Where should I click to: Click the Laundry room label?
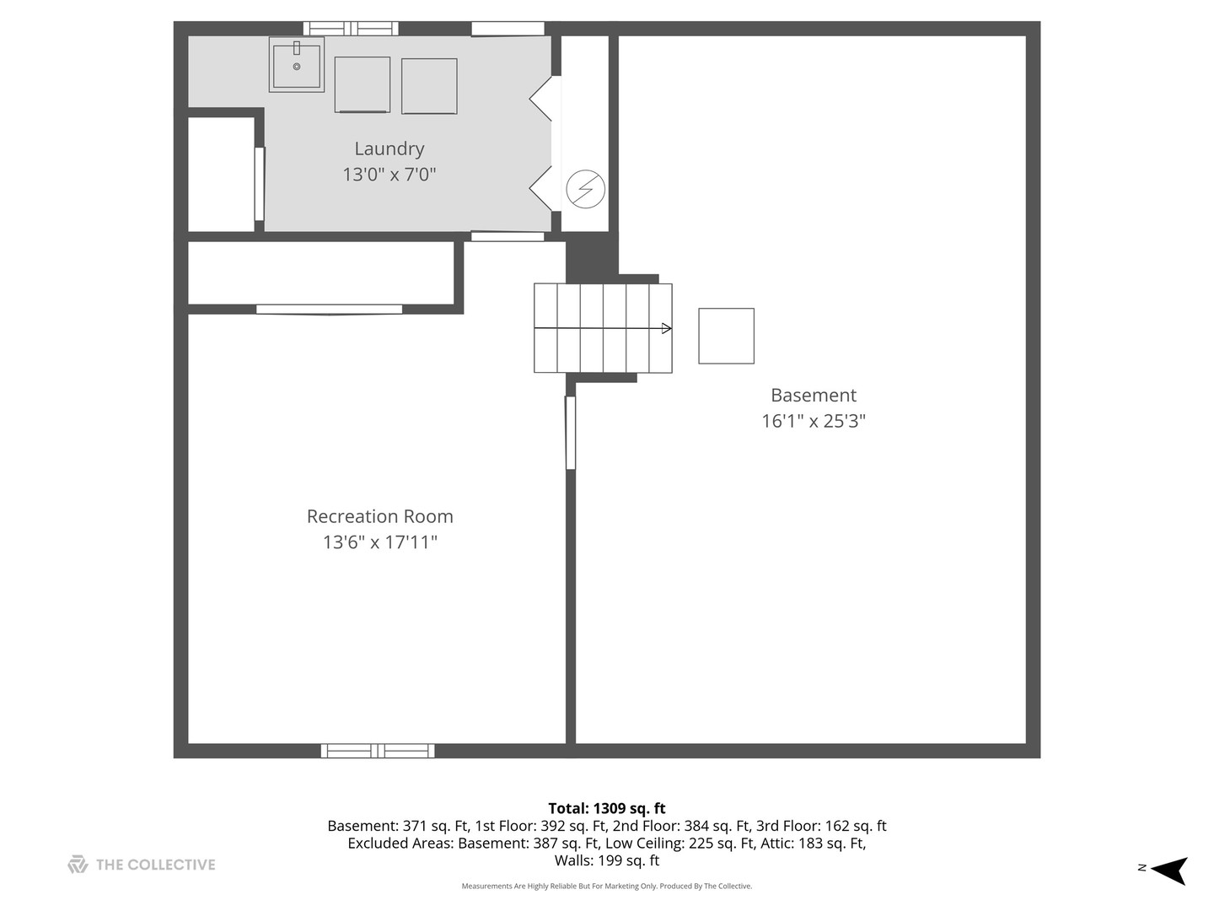point(389,148)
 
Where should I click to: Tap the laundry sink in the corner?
point(297,64)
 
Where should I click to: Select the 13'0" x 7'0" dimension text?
point(389,175)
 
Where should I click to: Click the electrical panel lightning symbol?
point(585,189)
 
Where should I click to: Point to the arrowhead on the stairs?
point(667,328)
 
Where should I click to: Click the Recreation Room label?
point(379,516)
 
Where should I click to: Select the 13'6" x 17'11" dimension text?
point(379,542)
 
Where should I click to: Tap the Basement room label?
point(814,395)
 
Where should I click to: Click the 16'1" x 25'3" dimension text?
point(814,421)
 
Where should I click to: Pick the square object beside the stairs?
point(726,336)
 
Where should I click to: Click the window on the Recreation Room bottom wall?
point(378,751)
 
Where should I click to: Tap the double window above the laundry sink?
point(351,29)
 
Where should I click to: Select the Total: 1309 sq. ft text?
point(607,808)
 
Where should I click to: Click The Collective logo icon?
point(78,865)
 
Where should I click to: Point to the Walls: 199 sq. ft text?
point(607,861)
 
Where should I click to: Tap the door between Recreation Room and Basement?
point(571,433)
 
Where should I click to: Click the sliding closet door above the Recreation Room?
point(329,310)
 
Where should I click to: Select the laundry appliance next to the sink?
point(363,84)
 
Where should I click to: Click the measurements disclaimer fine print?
point(607,887)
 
